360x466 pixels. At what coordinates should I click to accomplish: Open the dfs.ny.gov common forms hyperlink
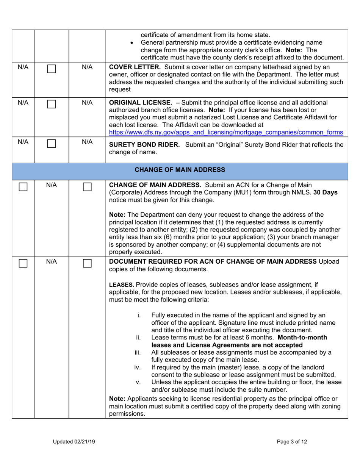[x=226, y=132]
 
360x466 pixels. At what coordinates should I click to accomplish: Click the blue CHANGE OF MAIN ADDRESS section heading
[x=180, y=169]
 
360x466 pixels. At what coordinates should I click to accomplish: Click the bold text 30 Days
[x=326, y=192]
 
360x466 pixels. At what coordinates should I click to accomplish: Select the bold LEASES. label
[x=121, y=284]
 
